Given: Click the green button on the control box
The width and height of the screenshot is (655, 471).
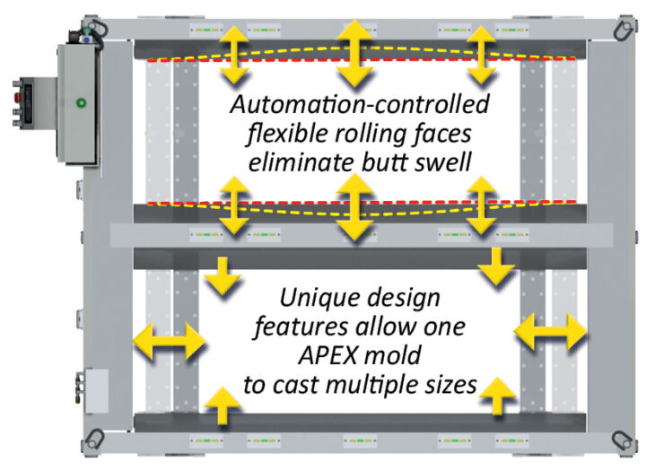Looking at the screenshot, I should (x=82, y=101).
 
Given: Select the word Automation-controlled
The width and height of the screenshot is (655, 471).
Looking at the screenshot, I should (x=359, y=105).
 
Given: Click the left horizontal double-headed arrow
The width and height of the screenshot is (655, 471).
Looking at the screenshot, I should (x=169, y=341).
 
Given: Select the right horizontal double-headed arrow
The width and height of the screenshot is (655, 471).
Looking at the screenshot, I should (x=551, y=334).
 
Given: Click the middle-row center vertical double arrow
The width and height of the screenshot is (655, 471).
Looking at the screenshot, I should (x=355, y=206).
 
